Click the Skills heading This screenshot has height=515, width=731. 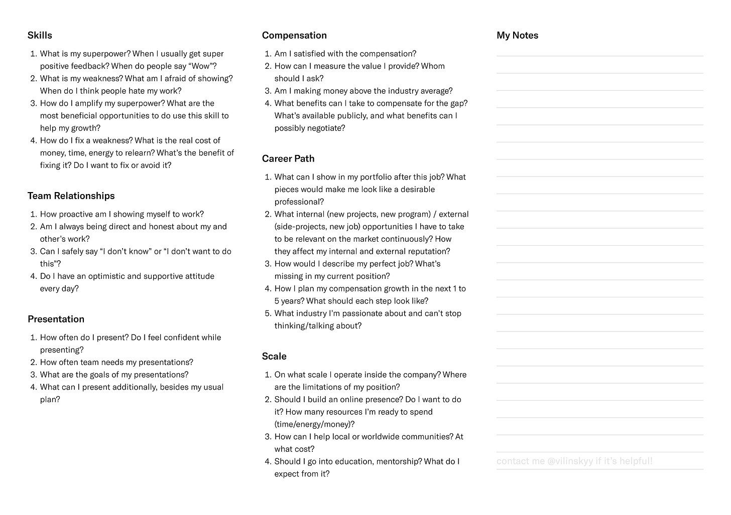pyautogui.click(x=40, y=35)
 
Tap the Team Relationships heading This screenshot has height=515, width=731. pyautogui.click(x=71, y=196)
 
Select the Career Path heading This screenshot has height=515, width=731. pyautogui.click(x=288, y=158)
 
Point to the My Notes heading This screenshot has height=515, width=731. pyautogui.click(x=517, y=35)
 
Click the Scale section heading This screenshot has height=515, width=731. pyautogui.click(x=274, y=356)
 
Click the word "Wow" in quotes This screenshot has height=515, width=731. pyautogui.click(x=202, y=66)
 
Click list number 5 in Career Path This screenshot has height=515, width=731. pyautogui.click(x=267, y=313)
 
